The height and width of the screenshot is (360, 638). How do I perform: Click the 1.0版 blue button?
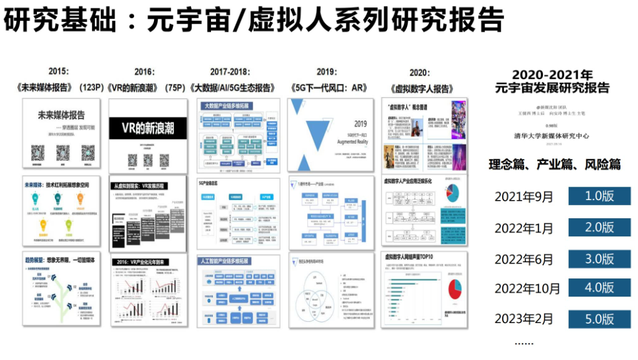pos(599,196)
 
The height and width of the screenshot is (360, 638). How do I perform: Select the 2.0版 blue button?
pos(599,227)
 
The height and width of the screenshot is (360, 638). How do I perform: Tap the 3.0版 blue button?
pos(599,258)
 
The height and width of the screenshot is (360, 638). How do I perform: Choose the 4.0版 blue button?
pos(599,288)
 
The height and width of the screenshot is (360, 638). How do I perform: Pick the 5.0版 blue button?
pos(599,319)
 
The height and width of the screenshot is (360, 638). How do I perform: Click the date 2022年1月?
pos(524,228)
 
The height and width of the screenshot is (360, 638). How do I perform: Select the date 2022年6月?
pos(524,259)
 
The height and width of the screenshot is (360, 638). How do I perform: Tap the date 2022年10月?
pos(527,289)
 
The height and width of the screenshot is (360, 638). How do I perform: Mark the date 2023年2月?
pos(524,319)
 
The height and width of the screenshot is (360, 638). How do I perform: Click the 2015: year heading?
pos(59,71)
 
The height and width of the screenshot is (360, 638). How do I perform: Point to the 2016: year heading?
pos(144,72)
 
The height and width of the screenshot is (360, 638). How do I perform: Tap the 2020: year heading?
pos(420,72)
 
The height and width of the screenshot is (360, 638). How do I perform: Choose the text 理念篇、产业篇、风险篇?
pos(554,165)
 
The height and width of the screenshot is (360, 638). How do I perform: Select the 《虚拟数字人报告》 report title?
pos(421,87)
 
